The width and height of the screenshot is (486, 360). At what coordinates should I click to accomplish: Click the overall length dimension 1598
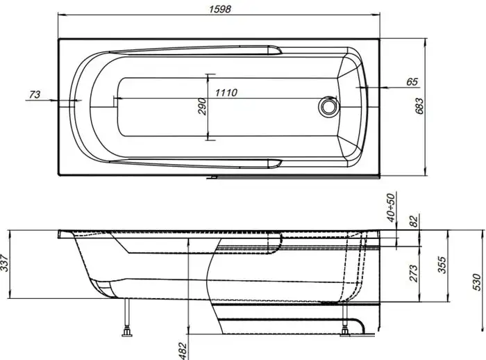point(221,9)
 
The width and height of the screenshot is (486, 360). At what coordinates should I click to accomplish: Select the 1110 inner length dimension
point(229,93)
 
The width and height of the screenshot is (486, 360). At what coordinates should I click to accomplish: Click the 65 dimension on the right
point(412,82)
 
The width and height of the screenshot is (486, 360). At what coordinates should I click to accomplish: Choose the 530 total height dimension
point(476,281)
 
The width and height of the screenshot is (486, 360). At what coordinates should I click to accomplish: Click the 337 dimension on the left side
point(7,264)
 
